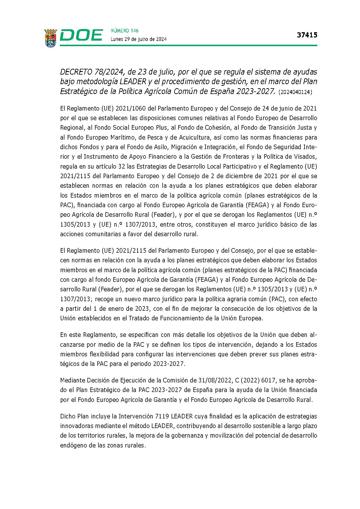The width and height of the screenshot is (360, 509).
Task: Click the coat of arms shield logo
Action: click(x=51, y=38)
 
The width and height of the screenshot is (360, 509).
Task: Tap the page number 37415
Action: click(x=307, y=35)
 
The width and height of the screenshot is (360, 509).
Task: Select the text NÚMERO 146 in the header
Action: click(x=125, y=31)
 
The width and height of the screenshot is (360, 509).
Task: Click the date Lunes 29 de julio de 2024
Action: click(x=138, y=39)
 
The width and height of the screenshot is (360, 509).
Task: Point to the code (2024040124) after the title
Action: click(x=295, y=92)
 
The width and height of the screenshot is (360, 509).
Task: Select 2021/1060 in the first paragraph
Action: click(x=131, y=109)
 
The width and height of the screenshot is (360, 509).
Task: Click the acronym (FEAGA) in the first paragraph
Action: click(x=257, y=205)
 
